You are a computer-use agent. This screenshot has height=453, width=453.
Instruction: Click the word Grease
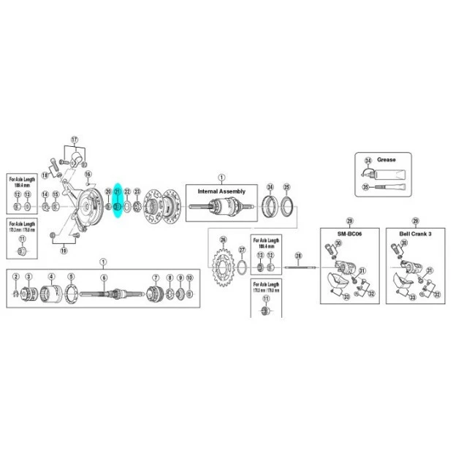point(387,159)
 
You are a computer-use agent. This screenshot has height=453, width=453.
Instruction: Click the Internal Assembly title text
point(222,191)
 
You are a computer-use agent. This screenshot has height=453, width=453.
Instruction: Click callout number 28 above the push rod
point(298,256)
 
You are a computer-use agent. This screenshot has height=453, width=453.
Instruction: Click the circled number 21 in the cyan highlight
point(117,191)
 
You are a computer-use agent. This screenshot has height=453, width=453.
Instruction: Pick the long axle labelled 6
point(110,294)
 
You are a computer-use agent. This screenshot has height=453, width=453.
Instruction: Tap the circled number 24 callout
point(270,186)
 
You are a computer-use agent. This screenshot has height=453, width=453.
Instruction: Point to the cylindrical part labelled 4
point(51,294)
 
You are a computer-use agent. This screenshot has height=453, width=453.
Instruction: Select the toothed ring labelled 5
point(71,294)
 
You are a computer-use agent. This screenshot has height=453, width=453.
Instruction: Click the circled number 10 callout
point(190,278)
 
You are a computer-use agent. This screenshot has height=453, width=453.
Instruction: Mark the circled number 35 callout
point(368,187)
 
